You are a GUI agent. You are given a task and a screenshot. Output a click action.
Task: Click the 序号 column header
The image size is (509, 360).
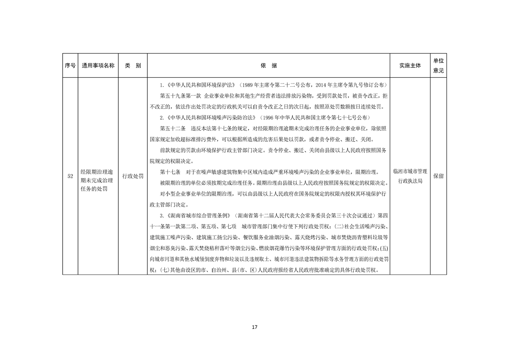pyautogui.click(x=70, y=66)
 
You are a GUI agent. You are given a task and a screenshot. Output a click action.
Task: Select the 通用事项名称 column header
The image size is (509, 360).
pyautogui.click(x=98, y=66)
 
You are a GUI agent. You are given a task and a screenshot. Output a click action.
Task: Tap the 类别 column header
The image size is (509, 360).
pyautogui.click(x=132, y=66)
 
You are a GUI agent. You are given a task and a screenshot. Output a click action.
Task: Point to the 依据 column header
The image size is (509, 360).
pyautogui.click(x=269, y=66)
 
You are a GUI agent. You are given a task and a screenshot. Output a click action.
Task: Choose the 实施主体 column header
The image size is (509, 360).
pyautogui.click(x=410, y=66)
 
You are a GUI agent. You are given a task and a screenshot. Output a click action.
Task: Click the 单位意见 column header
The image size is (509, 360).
pyautogui.click(x=438, y=66)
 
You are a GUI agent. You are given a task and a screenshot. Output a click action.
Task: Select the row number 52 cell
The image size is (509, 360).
pyautogui.click(x=70, y=176)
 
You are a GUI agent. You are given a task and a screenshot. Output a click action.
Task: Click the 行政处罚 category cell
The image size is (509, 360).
pyautogui.click(x=132, y=176)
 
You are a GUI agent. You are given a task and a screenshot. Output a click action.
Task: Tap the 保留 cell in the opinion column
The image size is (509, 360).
pyautogui.click(x=438, y=176)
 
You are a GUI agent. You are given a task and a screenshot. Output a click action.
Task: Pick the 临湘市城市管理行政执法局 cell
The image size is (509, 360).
pyautogui.click(x=410, y=176)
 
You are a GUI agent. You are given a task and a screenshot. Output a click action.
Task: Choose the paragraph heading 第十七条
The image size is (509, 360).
pyautogui.click(x=170, y=172)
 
